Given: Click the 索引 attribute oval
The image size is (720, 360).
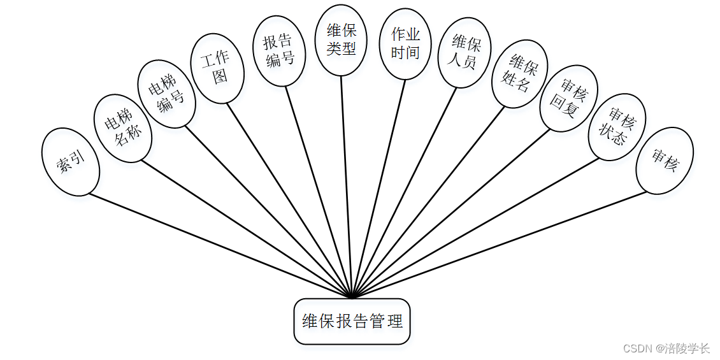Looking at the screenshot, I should (x=70, y=162).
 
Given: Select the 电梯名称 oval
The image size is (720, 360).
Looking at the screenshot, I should (x=122, y=127).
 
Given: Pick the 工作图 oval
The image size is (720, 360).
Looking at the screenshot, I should (x=217, y=68).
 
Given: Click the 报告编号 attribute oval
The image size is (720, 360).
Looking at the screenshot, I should (x=279, y=50).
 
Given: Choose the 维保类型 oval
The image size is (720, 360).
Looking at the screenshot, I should (x=341, y=40).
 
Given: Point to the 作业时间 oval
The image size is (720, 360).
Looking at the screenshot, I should (x=405, y=43).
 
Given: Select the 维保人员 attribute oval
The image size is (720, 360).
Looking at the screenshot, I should (x=465, y=52).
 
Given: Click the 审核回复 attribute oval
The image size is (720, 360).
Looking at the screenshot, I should (x=568, y=99).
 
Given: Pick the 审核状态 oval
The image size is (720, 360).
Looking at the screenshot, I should (x=617, y=127).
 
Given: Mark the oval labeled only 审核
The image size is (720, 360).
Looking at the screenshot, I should (x=664, y=160).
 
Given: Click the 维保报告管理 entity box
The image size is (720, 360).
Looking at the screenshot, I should (x=352, y=321).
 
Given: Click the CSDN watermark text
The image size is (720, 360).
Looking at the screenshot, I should (x=666, y=349).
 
